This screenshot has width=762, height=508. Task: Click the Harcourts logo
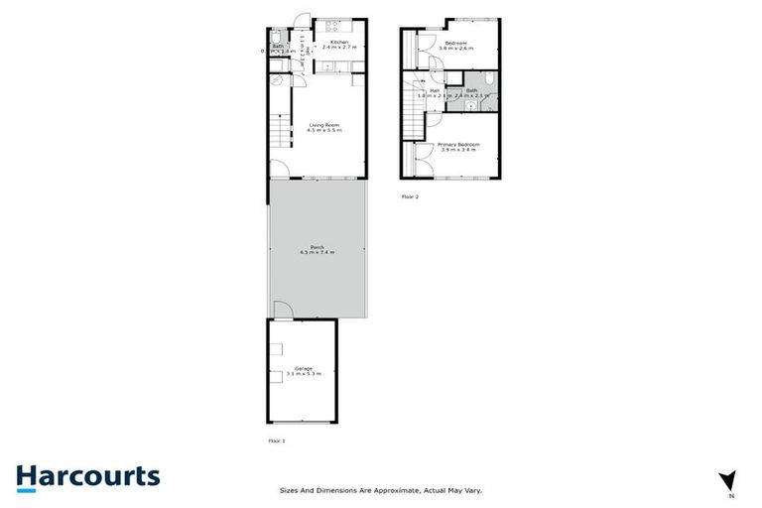click(x=88, y=476)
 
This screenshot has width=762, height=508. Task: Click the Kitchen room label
click(x=340, y=44)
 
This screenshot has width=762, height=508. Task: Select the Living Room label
click(x=323, y=127)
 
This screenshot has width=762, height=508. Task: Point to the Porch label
click(x=317, y=249)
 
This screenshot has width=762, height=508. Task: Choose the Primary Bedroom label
click(x=459, y=147)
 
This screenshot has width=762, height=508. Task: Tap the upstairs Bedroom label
click(x=455, y=45)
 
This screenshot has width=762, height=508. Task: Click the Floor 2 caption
click(x=410, y=197)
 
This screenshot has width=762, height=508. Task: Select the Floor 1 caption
click(x=276, y=440)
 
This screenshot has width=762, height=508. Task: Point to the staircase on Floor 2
click(x=415, y=108)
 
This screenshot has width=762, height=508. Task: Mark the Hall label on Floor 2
click(x=435, y=92)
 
